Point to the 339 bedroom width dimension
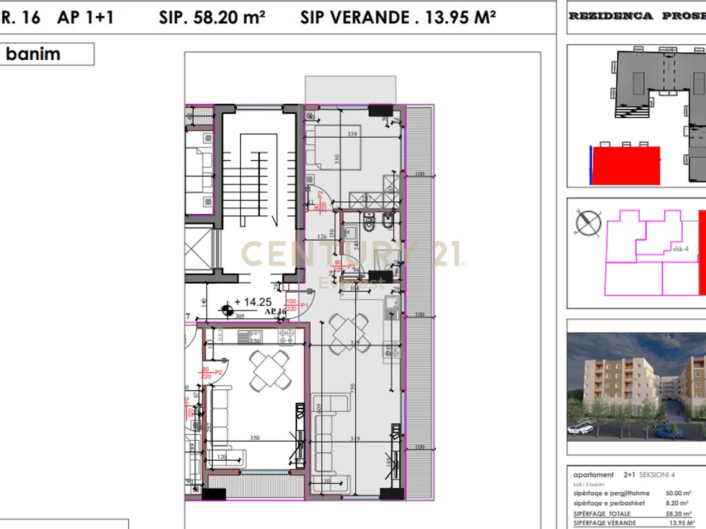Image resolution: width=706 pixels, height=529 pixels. click(x=353, y=135)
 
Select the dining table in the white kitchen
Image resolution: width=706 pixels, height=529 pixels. click(x=270, y=369)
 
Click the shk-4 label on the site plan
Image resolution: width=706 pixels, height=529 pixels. click(x=680, y=249)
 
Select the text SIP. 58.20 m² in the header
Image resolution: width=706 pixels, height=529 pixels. click(x=212, y=18)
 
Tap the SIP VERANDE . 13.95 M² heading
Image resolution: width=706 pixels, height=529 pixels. click(x=398, y=18)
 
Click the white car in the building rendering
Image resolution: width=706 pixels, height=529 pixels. click(x=582, y=428)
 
